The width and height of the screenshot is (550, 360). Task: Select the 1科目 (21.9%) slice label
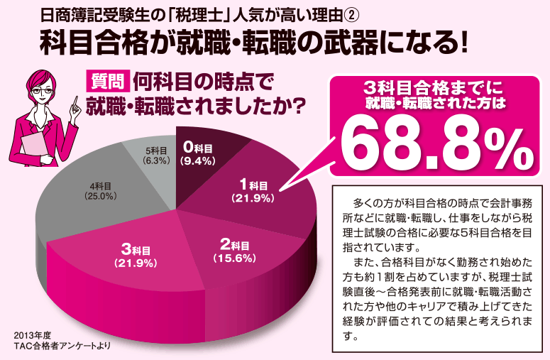(x=252, y=191)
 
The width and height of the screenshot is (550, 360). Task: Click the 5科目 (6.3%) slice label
(x=154, y=156)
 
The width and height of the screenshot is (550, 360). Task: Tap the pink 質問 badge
(x=107, y=82)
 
